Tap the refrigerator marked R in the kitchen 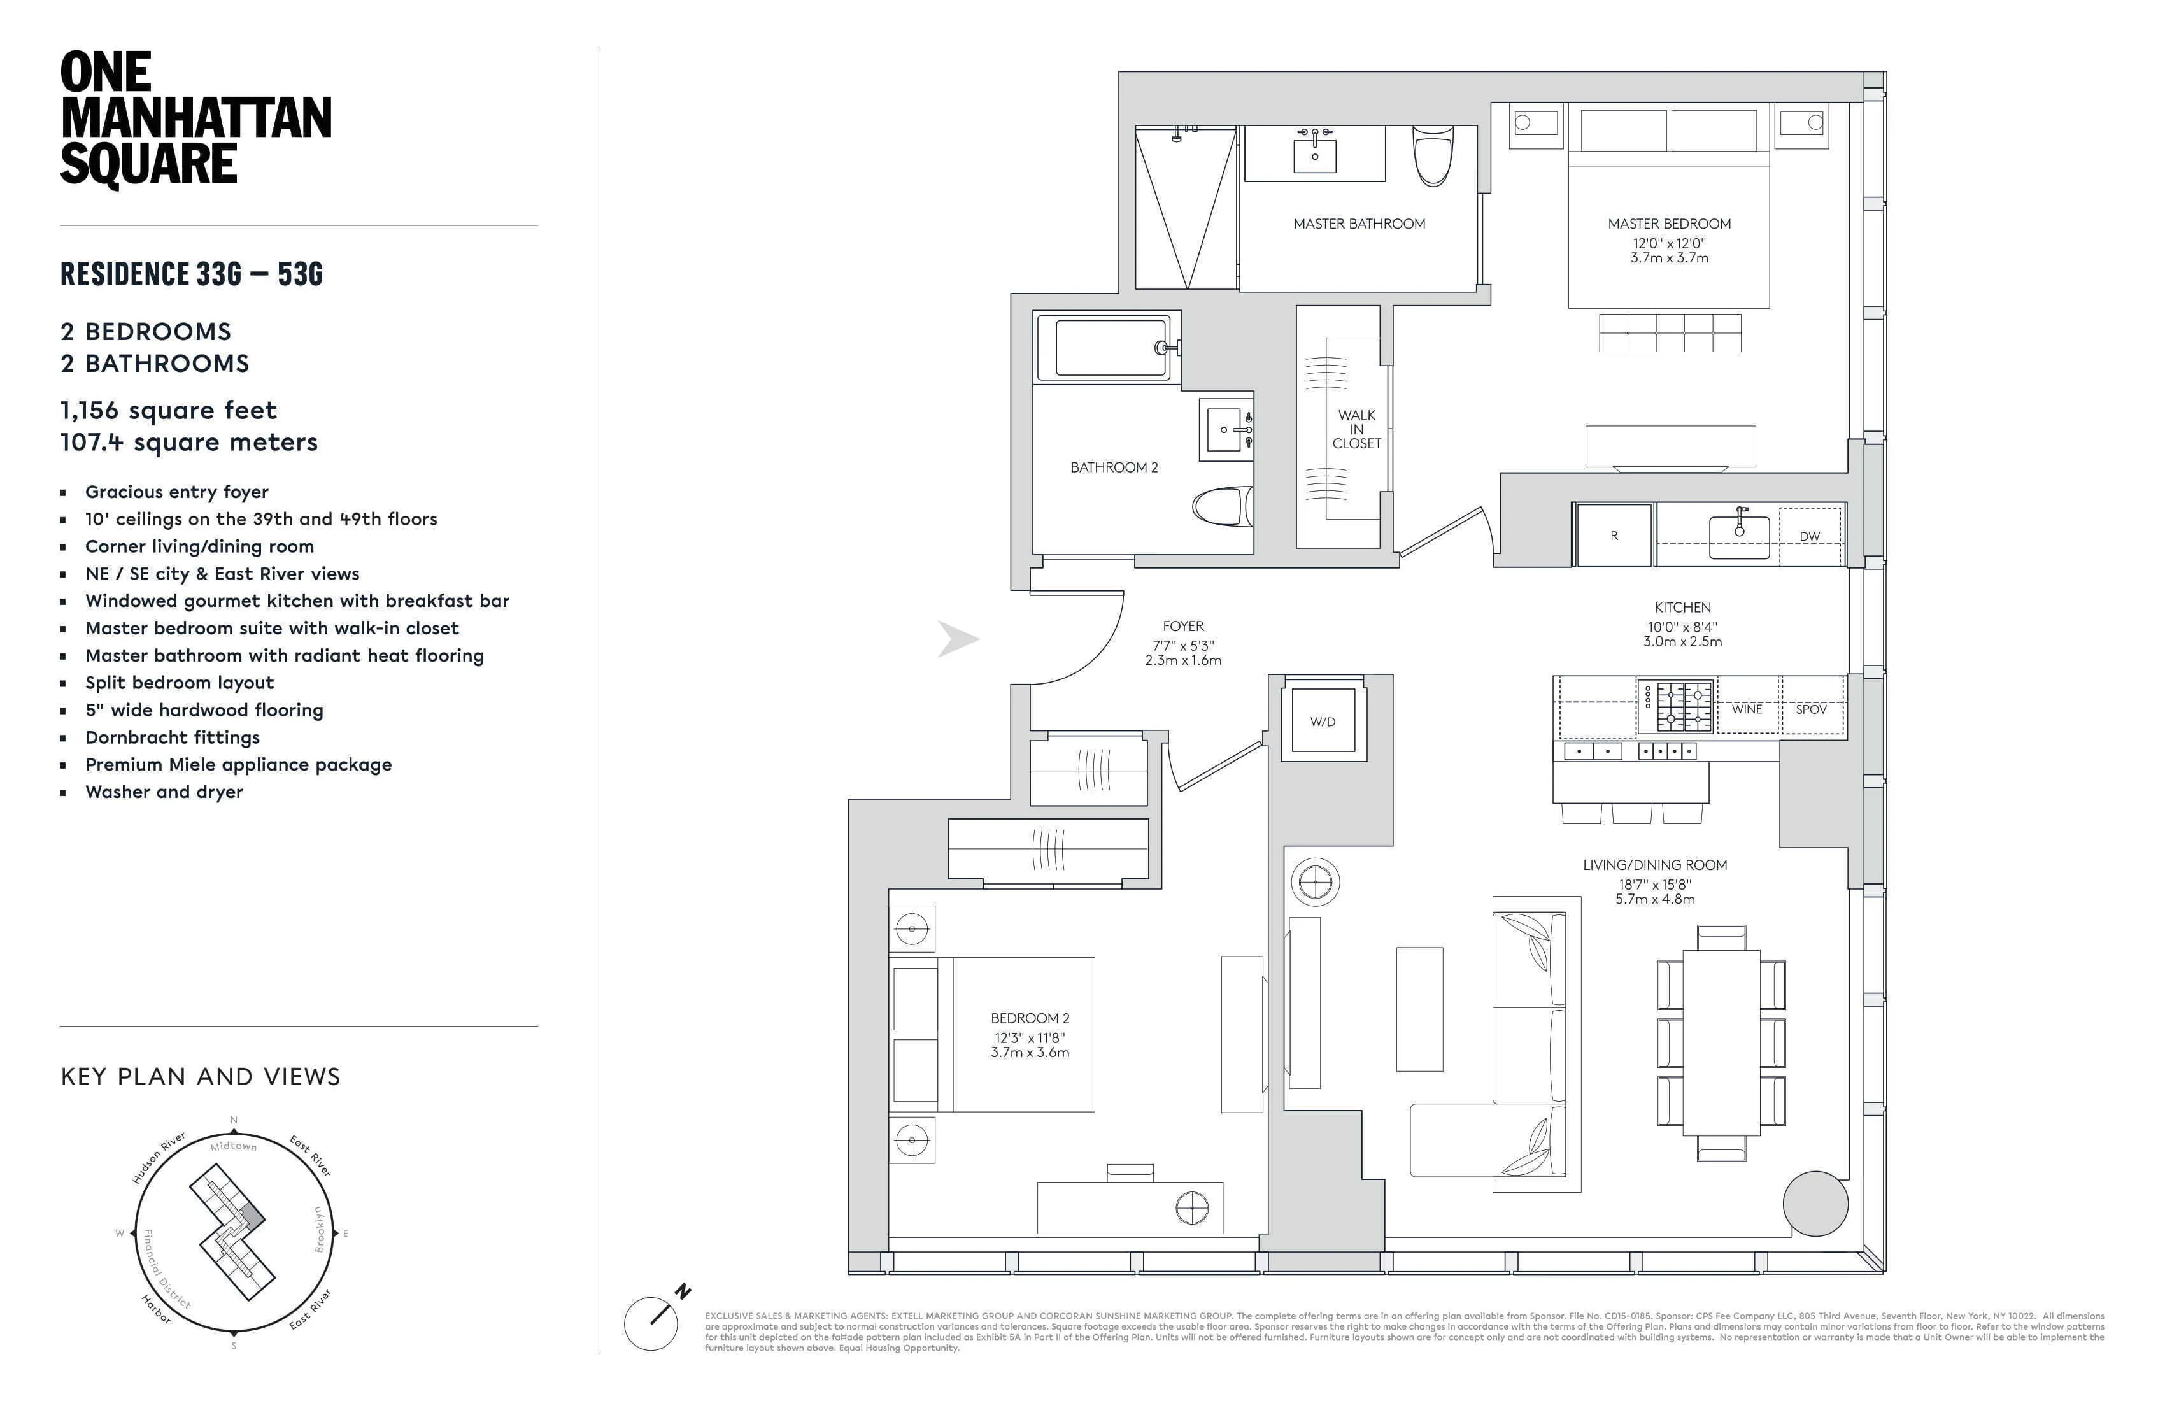[1614, 536]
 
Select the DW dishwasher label [1809, 537]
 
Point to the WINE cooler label [1747, 709]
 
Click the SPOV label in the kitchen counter [1811, 709]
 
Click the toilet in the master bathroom [1433, 155]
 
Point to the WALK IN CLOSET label [1356, 429]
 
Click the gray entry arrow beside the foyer [958, 639]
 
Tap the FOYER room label [1182, 626]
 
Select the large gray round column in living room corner [1815, 1204]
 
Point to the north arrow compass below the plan [651, 1323]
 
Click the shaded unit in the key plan [252, 1216]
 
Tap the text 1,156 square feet [168, 410]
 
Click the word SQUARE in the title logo [148, 164]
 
